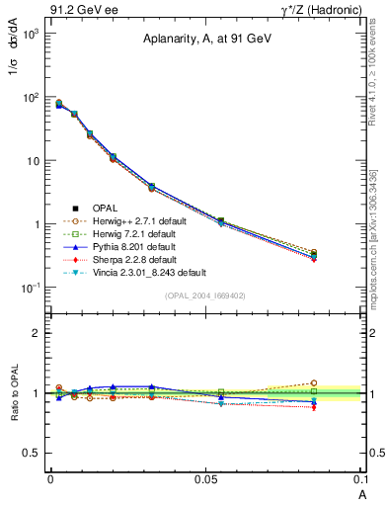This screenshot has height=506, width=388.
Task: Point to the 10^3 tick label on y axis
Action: click(28, 34)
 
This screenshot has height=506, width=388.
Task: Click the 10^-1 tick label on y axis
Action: click(28, 288)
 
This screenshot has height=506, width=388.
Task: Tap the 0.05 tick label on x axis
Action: click(205, 478)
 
